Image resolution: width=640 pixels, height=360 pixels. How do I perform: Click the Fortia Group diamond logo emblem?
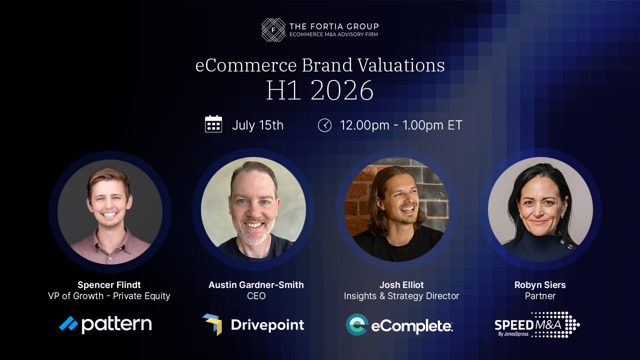(x=273, y=30)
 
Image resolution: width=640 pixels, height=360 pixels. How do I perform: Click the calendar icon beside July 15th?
(x=213, y=124)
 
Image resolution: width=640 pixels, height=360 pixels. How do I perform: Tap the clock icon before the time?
(x=324, y=125)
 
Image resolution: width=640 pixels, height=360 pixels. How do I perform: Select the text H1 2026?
(x=319, y=90)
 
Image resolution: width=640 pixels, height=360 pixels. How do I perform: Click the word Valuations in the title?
(x=401, y=65)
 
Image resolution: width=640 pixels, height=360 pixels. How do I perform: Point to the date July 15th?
(x=257, y=125)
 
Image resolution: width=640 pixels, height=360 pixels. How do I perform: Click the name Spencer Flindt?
(x=109, y=285)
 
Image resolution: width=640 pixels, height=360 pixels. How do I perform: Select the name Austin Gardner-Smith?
(x=256, y=285)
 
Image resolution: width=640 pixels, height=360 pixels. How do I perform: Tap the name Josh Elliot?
(x=401, y=285)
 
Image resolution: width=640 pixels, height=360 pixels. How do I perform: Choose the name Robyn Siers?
(x=540, y=285)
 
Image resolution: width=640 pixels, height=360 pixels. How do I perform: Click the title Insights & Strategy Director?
(x=401, y=296)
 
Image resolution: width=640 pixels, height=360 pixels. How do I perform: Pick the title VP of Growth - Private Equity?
(x=109, y=296)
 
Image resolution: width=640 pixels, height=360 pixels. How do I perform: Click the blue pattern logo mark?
(x=68, y=323)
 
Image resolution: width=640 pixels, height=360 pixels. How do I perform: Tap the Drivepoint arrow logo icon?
(x=212, y=324)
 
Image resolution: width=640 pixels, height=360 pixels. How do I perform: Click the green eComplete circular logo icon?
(x=357, y=324)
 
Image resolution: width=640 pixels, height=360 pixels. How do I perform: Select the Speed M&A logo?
(x=537, y=324)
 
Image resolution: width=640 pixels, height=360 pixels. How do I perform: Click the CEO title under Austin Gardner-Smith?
(x=256, y=296)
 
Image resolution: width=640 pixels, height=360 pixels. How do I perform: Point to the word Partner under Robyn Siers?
(x=540, y=296)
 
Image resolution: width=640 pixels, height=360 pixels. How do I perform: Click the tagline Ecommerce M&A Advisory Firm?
(x=333, y=34)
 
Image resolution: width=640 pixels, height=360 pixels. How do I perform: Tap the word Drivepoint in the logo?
(x=267, y=325)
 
